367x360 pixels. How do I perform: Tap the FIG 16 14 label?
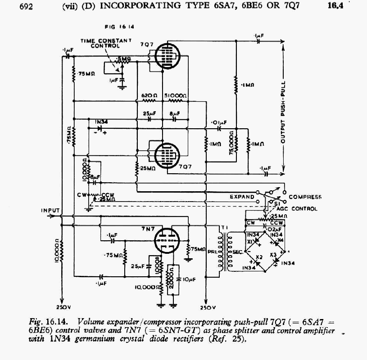pos(109,27)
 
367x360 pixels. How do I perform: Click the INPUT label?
pos(50,210)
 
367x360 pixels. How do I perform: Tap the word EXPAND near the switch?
pos(242,197)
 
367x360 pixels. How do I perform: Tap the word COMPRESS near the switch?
pos(305,197)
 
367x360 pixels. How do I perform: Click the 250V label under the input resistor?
pos(62,307)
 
